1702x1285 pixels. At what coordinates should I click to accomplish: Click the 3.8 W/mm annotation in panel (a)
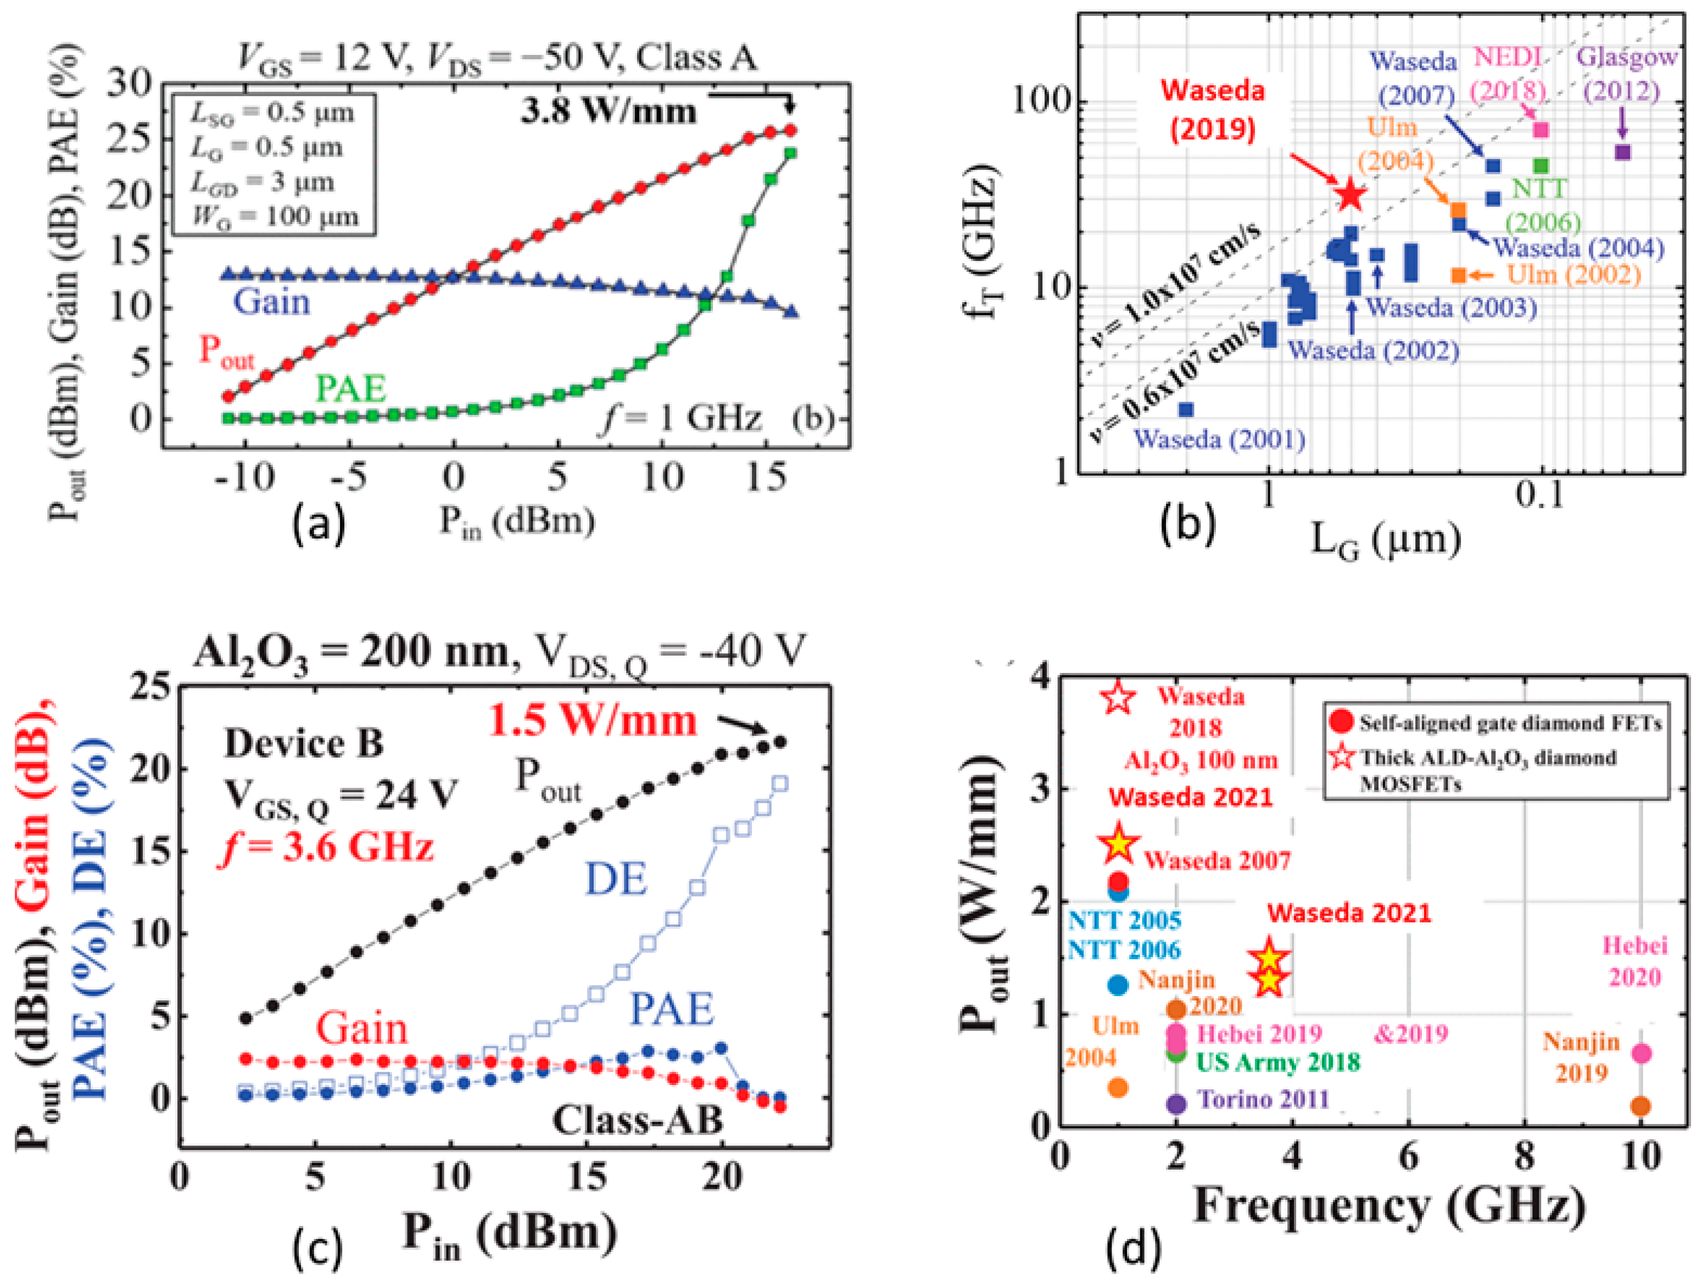tap(609, 112)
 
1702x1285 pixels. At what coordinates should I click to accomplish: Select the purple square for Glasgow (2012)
tap(1622, 152)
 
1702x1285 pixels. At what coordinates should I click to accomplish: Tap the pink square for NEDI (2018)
tap(1541, 130)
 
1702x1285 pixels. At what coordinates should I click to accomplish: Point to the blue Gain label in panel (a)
tap(272, 302)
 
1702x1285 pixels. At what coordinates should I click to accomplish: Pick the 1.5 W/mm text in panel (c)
tap(593, 721)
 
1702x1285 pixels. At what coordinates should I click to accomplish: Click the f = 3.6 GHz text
tap(326, 847)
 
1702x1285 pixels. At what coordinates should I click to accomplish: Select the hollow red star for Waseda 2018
tap(1118, 698)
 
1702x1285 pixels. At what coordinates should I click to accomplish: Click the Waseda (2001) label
tap(1220, 440)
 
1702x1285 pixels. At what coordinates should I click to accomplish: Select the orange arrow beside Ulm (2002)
tap(1482, 275)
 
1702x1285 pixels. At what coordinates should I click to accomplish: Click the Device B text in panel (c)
tap(303, 744)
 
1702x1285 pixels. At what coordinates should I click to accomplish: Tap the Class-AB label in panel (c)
tap(638, 1120)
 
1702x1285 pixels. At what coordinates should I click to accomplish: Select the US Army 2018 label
tap(1278, 1063)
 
